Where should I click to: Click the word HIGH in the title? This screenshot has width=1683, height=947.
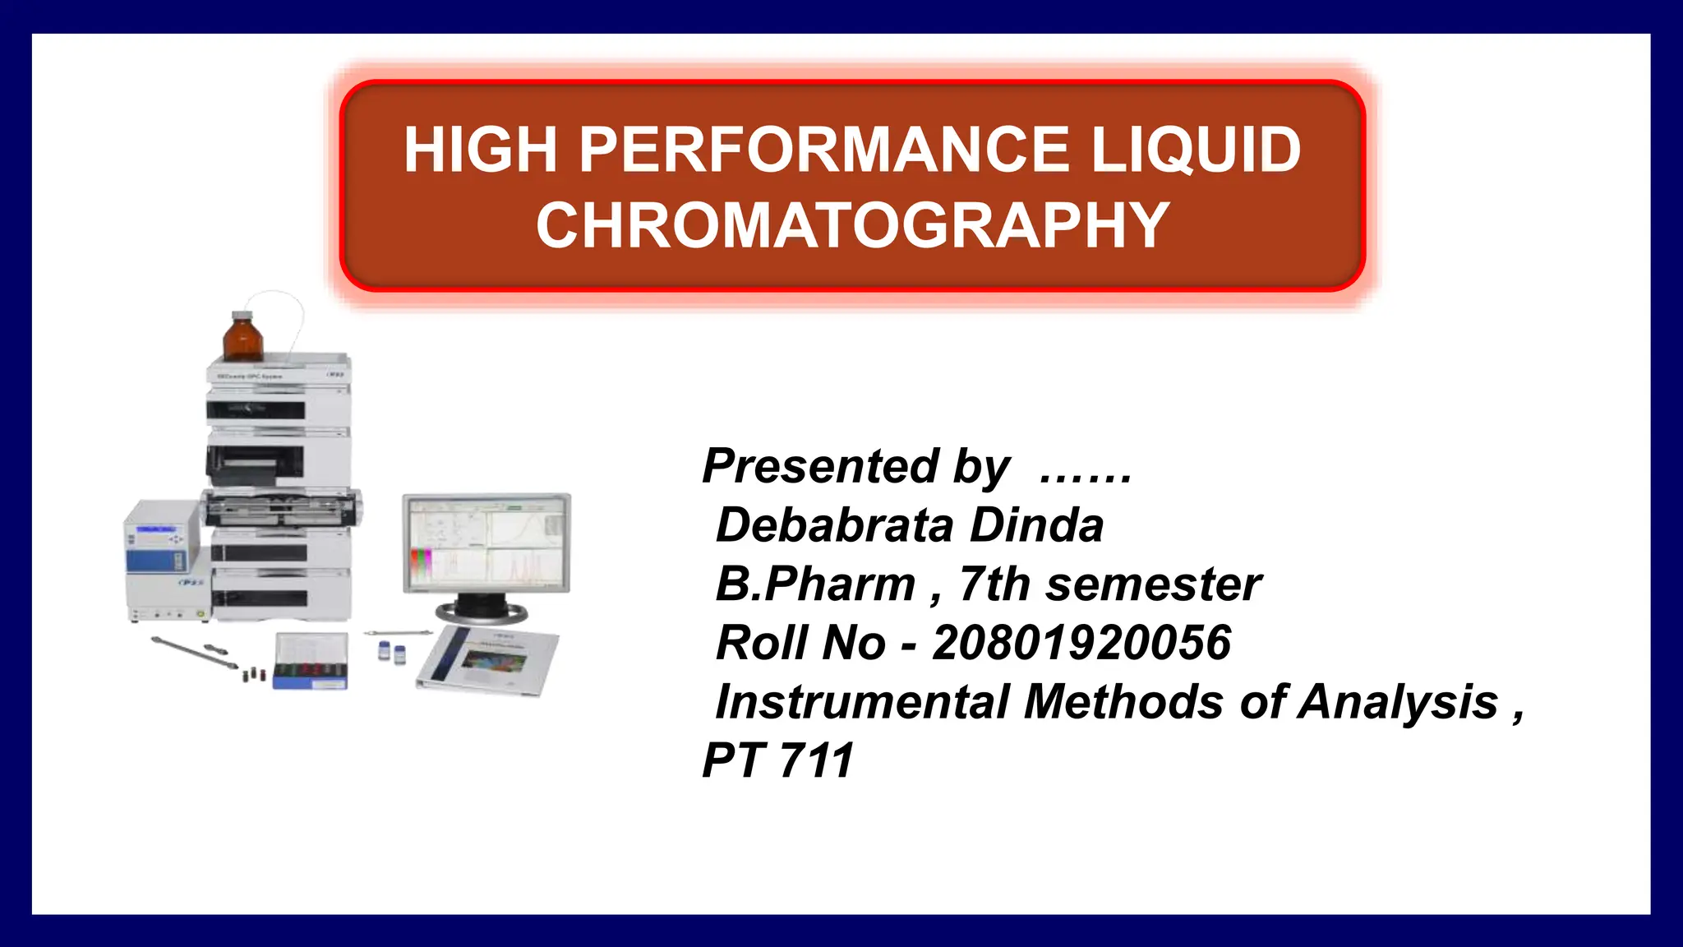pyautogui.click(x=479, y=150)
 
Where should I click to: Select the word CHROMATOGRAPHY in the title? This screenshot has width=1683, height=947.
pyautogui.click(x=852, y=226)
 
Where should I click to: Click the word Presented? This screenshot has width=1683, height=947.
pyautogui.click(x=820, y=466)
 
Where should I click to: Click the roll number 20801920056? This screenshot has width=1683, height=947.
pyautogui.click(x=1081, y=643)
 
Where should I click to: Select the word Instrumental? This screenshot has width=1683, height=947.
pyautogui.click(x=862, y=702)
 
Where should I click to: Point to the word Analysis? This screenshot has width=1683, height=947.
pyautogui.click(x=1397, y=702)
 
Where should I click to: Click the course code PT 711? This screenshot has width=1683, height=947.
pyautogui.click(x=777, y=760)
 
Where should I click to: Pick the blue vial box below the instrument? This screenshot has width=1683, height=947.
pyautogui.click(x=311, y=663)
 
